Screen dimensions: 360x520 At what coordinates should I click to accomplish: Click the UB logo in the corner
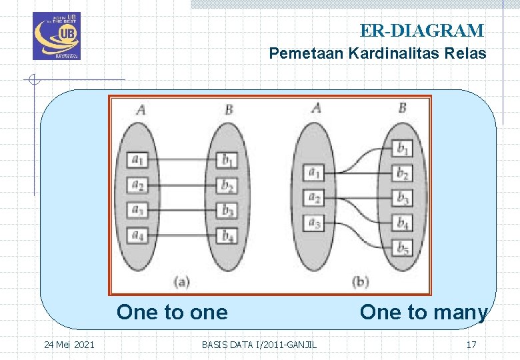coord(56,36)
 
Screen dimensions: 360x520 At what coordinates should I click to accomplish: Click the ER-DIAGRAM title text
coord(421,31)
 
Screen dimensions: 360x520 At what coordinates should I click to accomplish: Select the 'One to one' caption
coord(172,312)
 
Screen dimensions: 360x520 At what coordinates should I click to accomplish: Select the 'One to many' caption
coord(423,312)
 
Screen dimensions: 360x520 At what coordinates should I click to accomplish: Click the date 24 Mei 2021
coord(69,345)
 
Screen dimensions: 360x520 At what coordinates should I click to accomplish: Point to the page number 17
coord(471,345)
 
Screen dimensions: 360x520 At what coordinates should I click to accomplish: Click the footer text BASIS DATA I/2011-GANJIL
coord(259,345)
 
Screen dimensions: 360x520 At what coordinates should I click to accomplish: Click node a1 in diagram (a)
coord(137,160)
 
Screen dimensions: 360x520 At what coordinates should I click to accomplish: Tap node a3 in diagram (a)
coord(137,210)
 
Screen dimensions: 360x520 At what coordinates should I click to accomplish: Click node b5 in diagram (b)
coord(403,249)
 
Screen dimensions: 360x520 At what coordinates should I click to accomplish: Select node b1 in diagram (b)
coord(403,148)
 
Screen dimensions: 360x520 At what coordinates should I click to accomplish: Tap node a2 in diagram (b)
coord(313,198)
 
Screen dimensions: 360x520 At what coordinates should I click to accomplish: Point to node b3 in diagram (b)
coord(403,198)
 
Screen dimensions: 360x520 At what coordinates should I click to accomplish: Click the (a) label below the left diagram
coord(181,281)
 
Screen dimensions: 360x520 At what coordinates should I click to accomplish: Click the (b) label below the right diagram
coord(359,281)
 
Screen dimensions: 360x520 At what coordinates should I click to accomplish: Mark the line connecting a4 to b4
coord(183,235)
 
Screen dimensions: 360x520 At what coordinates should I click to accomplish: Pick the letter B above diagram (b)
coord(402,107)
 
